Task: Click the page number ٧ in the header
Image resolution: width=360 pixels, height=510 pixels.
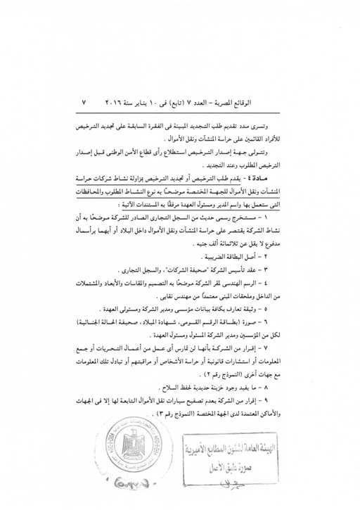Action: pyautogui.click(x=84, y=103)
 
